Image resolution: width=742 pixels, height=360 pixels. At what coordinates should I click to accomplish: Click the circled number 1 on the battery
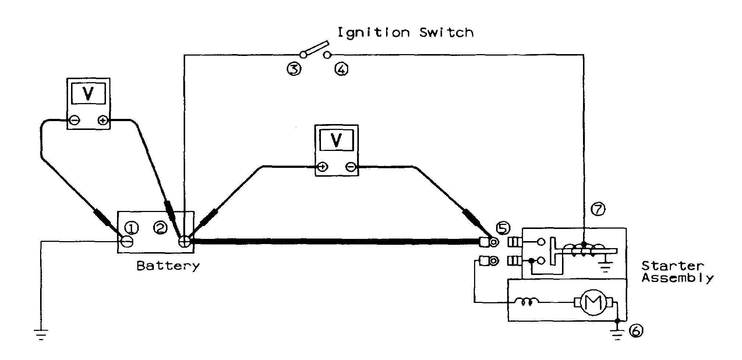click(x=132, y=229)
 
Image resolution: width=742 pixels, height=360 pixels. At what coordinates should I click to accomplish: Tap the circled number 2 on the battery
click(x=160, y=229)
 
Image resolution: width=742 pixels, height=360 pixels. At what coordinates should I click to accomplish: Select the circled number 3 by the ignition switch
click(x=294, y=69)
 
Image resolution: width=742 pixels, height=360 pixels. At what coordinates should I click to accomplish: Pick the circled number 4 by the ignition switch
click(x=341, y=69)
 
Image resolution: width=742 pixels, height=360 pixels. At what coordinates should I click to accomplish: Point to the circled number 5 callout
click(x=503, y=229)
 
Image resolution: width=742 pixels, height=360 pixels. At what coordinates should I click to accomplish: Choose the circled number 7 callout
click(x=598, y=209)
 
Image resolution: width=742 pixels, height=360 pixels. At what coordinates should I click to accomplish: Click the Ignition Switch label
click(x=405, y=33)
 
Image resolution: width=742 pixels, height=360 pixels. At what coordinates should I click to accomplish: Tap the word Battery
click(x=168, y=266)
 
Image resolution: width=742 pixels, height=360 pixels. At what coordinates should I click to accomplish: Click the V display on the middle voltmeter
click(x=336, y=141)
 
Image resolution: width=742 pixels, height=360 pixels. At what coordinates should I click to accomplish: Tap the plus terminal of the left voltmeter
click(x=103, y=120)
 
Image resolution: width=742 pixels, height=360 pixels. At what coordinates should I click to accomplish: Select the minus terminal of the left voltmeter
click(x=74, y=120)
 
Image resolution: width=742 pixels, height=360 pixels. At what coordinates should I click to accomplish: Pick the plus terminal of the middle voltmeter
click(x=322, y=167)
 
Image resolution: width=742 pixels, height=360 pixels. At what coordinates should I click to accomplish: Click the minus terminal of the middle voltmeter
click(x=350, y=167)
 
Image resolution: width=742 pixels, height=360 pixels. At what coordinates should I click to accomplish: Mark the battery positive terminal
click(x=184, y=242)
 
